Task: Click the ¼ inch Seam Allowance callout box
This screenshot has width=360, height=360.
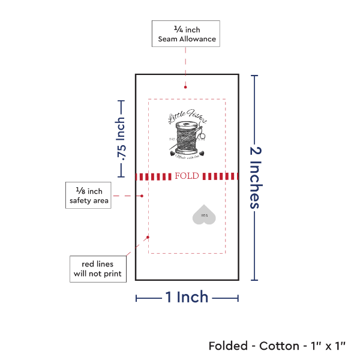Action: pyautogui.click(x=186, y=34)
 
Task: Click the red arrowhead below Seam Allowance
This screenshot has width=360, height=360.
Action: pyautogui.click(x=185, y=88)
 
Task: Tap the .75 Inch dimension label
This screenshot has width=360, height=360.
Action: pyautogui.click(x=121, y=139)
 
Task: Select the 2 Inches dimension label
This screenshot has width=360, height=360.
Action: pyautogui.click(x=257, y=177)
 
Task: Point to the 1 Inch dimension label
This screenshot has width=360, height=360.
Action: pyautogui.click(x=187, y=296)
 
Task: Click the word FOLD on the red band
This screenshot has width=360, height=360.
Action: pyautogui.click(x=187, y=176)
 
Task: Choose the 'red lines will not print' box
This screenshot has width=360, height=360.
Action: pyautogui.click(x=97, y=269)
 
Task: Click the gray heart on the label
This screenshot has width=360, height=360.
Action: pyautogui.click(x=204, y=215)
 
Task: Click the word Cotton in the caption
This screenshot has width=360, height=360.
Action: pyautogui.click(x=280, y=346)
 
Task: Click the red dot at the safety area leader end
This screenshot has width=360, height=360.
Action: pyautogui.click(x=142, y=196)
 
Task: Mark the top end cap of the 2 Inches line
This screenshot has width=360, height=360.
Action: pyautogui.click(x=256, y=76)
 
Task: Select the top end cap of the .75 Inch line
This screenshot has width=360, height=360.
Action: pyautogui.click(x=121, y=100)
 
